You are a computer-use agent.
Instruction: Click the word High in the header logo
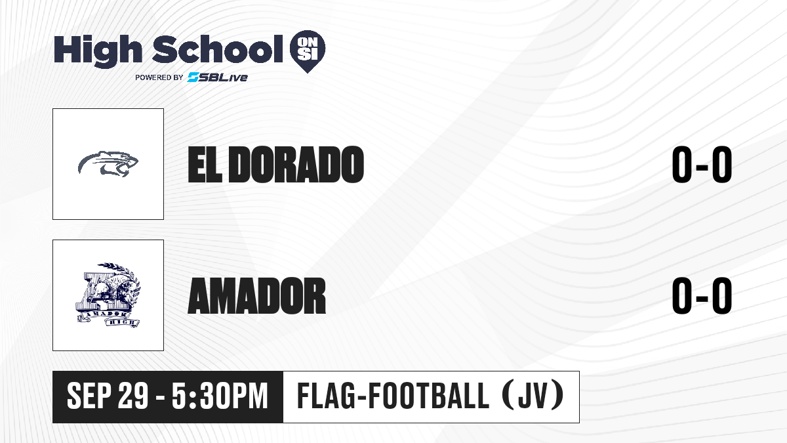pos(98,51)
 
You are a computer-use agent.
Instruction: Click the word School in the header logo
pos(218,49)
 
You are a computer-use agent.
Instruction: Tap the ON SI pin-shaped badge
pos(308,51)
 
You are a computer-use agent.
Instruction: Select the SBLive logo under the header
pos(217,77)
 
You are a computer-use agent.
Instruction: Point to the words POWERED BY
pos(159,77)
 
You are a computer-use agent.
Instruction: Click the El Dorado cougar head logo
pos(108,164)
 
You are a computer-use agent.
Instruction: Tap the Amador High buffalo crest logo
pos(108,295)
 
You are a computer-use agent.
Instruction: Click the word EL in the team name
pos(205,165)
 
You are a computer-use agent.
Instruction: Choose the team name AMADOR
pos(257,296)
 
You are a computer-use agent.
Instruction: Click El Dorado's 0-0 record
pos(702,165)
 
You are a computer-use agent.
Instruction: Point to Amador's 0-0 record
pos(702,296)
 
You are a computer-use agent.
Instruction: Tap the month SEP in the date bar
pos(89,396)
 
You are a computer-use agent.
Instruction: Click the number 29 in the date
pos(132,396)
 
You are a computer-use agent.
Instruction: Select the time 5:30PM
pos(220,396)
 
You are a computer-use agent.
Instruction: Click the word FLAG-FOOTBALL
pos(393,396)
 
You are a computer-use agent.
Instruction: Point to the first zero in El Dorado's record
pos(682,165)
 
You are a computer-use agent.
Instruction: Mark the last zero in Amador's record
pos(722,296)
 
